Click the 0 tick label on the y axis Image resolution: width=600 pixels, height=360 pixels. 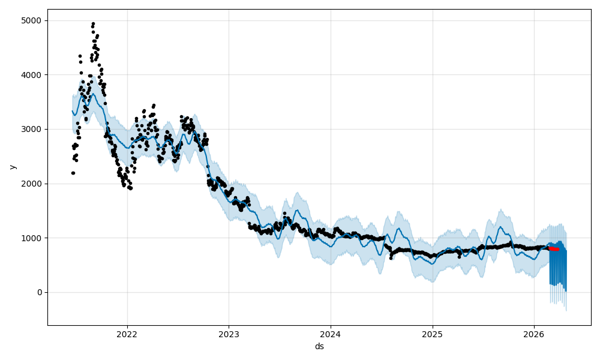click(40, 292)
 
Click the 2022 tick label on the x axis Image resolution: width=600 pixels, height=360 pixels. click(127, 335)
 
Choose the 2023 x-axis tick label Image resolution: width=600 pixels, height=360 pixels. click(229, 335)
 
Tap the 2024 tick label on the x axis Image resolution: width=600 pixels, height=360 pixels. click(331, 335)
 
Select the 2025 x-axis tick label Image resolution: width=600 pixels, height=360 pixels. click(433, 335)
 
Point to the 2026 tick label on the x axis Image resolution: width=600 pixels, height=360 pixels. click(534, 335)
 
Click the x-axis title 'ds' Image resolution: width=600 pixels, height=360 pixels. click(319, 346)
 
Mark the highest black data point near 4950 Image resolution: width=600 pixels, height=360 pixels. click(93, 23)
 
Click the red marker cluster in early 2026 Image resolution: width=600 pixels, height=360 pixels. click(554, 248)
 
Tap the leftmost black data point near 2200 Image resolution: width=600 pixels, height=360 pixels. click(73, 173)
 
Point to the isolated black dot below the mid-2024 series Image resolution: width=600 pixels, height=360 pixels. click(391, 258)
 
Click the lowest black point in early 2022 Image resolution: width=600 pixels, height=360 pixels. click(130, 188)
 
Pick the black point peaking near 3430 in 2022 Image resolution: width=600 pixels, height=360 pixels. click(154, 106)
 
